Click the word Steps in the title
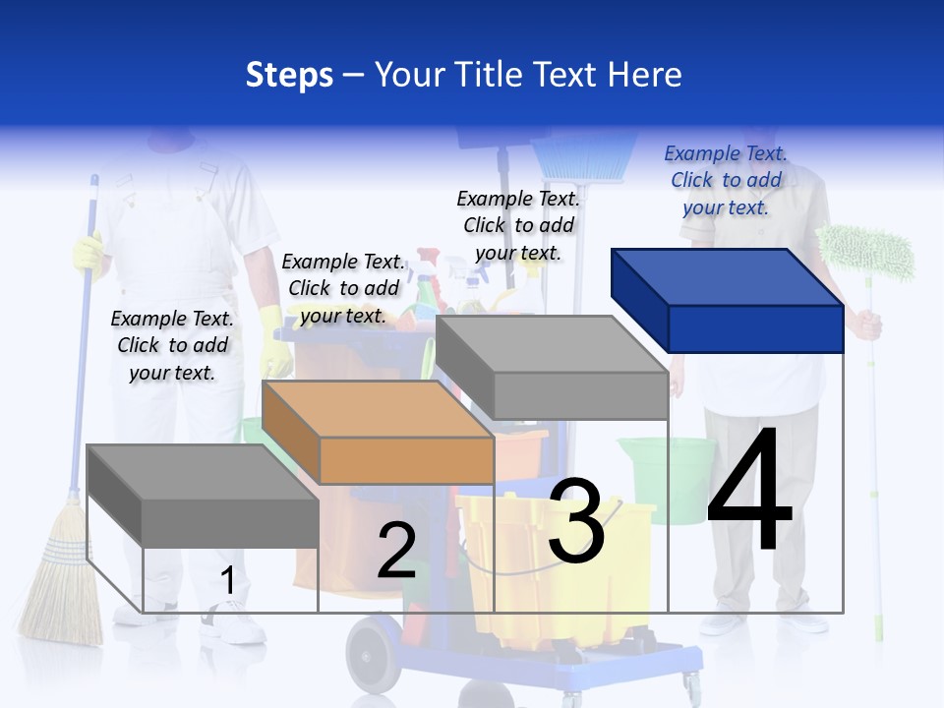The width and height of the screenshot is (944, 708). [x=289, y=75]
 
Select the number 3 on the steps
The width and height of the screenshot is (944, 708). [x=576, y=521]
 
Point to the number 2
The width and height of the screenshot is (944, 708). [x=396, y=551]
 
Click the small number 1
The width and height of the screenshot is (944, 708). [x=227, y=581]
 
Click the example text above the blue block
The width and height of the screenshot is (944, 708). [x=726, y=180]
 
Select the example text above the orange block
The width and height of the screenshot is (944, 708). [x=343, y=288]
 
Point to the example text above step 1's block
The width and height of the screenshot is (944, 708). [x=172, y=345]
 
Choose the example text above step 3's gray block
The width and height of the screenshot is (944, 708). [x=518, y=225]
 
